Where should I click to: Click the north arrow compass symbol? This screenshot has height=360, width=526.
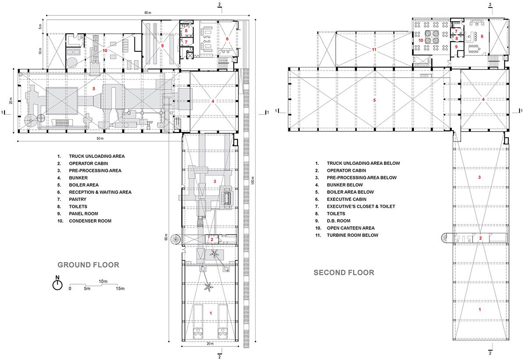tap(57, 285)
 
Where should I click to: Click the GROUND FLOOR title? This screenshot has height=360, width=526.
tap(89, 265)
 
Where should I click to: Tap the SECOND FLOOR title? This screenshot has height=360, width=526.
tap(344, 273)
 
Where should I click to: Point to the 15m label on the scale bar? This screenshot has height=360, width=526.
tap(120, 289)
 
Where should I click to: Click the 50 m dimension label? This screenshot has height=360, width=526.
tap(101, 139)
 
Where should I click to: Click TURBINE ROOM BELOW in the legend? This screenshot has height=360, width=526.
tap(352, 235)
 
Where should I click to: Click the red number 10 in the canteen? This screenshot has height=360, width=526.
tap(420, 40)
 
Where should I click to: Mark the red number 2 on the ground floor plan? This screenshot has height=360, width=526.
tap(212, 239)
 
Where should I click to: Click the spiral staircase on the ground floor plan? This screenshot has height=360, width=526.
tap(175, 240)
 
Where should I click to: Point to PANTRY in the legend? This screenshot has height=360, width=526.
tap(78, 199)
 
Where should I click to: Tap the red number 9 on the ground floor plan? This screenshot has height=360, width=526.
tap(162, 45)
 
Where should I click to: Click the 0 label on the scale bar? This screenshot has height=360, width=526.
tap(70, 289)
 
